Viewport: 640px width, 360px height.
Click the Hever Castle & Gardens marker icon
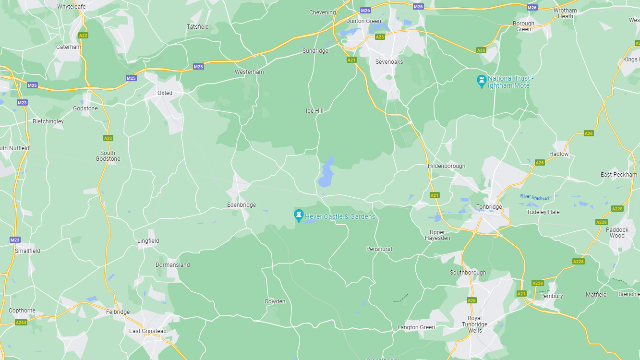[299, 216]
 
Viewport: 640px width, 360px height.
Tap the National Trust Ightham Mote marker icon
[481, 81]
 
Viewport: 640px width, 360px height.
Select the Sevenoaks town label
[389, 62]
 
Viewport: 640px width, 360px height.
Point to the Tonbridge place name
[489, 207]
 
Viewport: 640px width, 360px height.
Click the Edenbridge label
[241, 205]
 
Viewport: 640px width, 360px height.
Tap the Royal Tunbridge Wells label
[474, 324]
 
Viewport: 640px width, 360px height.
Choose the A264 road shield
[21, 322]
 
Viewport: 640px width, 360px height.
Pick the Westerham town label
[249, 72]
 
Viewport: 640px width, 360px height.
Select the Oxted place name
[165, 93]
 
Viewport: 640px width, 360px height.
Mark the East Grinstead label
[148, 331]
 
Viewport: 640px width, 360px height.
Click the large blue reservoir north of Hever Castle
[326, 172]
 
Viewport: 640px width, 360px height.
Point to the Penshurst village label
[379, 249]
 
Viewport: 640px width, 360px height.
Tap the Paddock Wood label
[617, 233]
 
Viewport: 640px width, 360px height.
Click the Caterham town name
[69, 47]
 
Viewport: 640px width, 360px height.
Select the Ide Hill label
[314, 111]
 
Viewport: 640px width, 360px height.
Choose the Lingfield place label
[148, 241]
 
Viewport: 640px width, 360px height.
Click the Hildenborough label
[447, 166]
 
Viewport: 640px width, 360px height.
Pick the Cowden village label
[275, 301]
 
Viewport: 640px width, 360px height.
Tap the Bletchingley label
[48, 121]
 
